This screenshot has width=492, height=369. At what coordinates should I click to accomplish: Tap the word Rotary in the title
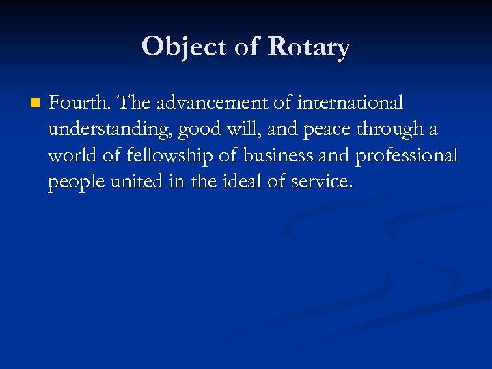(x=309, y=47)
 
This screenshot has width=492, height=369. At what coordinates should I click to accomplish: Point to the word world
(x=70, y=156)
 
